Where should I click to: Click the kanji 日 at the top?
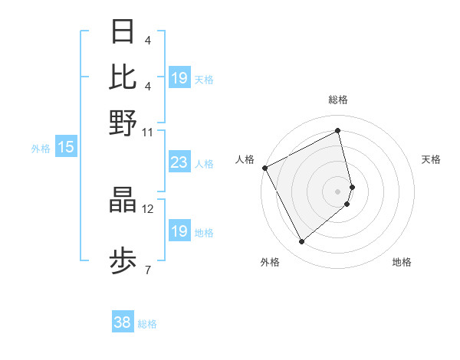(x=123, y=32)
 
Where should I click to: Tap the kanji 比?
(x=123, y=77)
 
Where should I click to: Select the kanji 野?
(x=123, y=123)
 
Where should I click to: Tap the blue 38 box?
(x=123, y=323)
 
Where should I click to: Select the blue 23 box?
(x=179, y=162)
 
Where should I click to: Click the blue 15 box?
(x=66, y=147)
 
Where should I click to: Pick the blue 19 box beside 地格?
(x=179, y=231)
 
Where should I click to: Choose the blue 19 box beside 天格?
(x=179, y=78)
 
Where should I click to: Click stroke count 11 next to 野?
(x=147, y=132)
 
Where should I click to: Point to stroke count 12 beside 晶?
(x=147, y=208)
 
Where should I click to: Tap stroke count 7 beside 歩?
(x=147, y=269)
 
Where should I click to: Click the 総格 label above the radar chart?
(x=338, y=100)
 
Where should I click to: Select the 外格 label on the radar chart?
(x=270, y=262)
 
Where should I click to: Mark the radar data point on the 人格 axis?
(x=264, y=168)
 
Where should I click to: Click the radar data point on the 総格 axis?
(x=338, y=130)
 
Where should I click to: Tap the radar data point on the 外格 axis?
(x=301, y=242)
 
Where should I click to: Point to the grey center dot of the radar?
(x=338, y=191)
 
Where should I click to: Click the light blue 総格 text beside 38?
(x=147, y=324)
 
